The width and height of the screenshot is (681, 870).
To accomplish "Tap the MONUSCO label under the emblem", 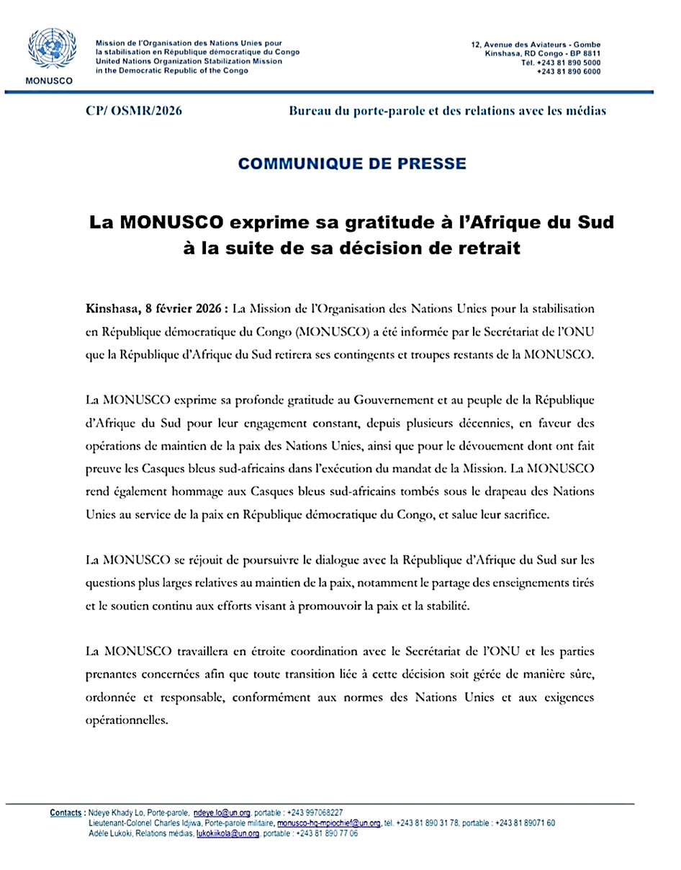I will pos(48,80).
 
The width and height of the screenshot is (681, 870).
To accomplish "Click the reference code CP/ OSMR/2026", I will pos(134,111).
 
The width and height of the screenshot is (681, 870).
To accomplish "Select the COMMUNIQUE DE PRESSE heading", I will pos(352,163).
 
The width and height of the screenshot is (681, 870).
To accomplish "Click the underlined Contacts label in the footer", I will pos(66,812).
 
